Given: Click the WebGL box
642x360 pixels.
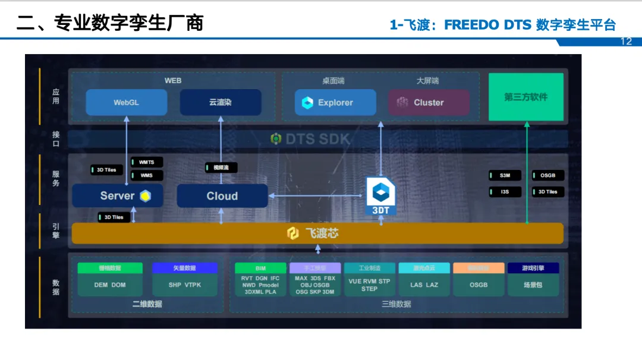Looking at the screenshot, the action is tap(126, 102).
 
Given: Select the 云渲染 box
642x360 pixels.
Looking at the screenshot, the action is tap(220, 102).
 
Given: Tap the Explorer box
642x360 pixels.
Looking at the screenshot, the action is tap(335, 102).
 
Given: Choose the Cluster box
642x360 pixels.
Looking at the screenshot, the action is tap(429, 102).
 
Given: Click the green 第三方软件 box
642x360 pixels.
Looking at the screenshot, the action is tap(525, 97).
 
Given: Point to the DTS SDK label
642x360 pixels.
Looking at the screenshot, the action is tap(310, 139).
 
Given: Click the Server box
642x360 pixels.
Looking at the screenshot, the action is tap(118, 195).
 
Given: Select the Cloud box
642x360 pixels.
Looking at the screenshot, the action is tap(222, 195).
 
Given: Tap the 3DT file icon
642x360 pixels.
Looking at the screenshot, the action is tap(380, 196).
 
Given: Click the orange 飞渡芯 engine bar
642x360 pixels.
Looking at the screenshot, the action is tap(317, 233).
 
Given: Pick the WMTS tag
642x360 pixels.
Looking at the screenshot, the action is tap(146, 162).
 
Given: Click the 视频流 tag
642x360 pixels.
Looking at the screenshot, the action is tap(221, 168).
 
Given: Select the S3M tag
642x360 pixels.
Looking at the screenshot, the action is tap(505, 175).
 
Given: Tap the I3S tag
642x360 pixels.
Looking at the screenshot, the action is tap(505, 192).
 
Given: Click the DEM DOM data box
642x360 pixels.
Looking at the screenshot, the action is tap(110, 285).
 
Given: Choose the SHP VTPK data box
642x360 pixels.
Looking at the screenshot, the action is tap(185, 285).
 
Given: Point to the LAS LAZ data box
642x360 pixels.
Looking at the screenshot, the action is tap(424, 285).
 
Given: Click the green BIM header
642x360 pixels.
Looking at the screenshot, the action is tap(260, 268).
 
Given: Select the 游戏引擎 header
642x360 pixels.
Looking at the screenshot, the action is tap(533, 268).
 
